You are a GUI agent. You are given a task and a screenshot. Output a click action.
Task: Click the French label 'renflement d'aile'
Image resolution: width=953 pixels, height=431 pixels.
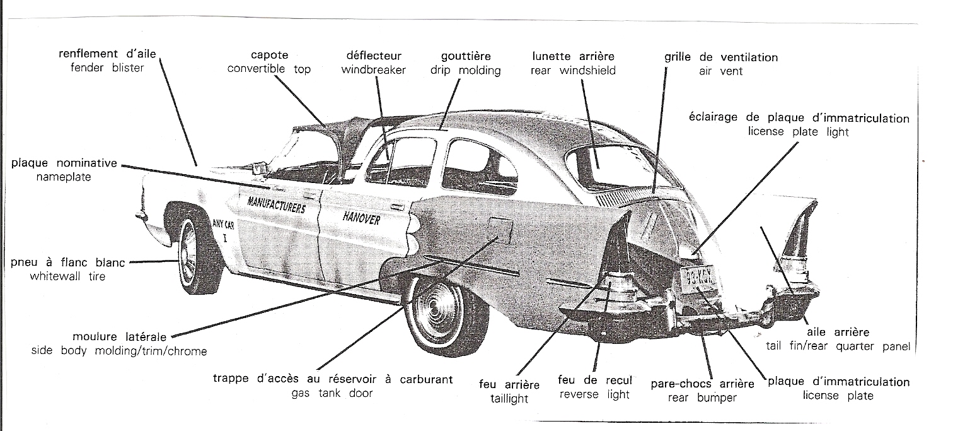click(107, 54)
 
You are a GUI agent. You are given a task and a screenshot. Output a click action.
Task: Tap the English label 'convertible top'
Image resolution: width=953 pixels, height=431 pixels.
click(269, 69)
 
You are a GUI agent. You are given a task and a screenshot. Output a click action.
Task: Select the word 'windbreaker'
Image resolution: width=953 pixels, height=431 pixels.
click(374, 70)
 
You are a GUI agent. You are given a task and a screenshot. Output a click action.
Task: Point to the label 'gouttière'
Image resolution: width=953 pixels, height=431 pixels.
click(466, 56)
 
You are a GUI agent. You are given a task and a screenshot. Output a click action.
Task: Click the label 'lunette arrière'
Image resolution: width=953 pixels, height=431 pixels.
click(574, 56)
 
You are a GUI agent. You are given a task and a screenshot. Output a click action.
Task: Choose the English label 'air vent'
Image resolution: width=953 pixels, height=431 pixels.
click(720, 71)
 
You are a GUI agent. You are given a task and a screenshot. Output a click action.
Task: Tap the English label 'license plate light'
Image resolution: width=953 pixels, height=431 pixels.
click(799, 132)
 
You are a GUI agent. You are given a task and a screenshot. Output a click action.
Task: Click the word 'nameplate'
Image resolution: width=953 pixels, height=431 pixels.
click(64, 177)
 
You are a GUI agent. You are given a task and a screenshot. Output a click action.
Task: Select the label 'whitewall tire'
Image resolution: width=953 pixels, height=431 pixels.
click(67, 276)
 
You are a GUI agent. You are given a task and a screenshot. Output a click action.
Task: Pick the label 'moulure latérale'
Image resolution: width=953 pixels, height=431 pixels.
click(120, 337)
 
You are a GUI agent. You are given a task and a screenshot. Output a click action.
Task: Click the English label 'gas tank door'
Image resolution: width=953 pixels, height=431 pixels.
click(332, 393)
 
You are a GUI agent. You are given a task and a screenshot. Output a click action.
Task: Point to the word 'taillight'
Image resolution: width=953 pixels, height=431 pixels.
click(509, 399)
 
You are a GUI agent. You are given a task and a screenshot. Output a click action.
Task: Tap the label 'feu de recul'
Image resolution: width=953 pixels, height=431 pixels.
click(595, 380)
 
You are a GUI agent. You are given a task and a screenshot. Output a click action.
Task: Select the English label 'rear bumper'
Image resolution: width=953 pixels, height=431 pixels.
click(702, 398)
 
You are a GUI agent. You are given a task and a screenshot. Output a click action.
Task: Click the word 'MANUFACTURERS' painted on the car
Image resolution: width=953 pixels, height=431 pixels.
click(277, 205)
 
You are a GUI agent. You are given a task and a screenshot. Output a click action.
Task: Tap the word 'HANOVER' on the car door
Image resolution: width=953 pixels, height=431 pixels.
click(362, 218)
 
